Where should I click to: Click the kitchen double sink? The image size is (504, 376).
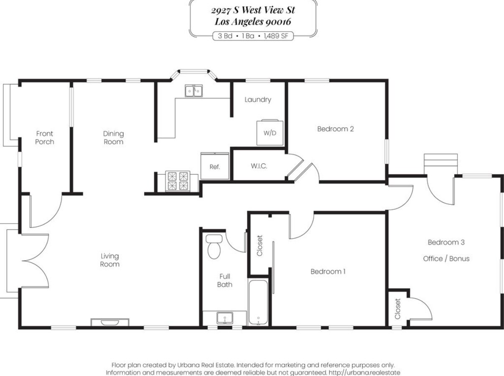click(x=194, y=91)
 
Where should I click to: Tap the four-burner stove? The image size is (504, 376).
click(x=178, y=181)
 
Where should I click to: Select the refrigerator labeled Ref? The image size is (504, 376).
click(x=215, y=166)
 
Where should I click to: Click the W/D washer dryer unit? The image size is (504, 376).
click(x=270, y=132)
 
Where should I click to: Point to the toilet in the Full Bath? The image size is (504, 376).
click(x=214, y=246)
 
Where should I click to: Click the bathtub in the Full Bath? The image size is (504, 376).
click(x=258, y=302)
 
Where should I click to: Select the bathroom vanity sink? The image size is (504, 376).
click(x=225, y=318)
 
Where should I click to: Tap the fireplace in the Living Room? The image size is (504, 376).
click(x=110, y=322)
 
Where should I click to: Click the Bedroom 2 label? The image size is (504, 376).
click(x=336, y=129)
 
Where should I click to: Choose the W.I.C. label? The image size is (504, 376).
click(x=259, y=166)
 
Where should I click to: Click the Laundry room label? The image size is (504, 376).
click(x=258, y=99)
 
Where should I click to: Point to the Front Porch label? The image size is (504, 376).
click(x=45, y=137)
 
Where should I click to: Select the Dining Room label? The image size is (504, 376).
click(x=113, y=137)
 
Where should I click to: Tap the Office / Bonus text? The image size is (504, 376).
click(x=446, y=259)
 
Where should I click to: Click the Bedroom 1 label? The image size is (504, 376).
click(x=328, y=272)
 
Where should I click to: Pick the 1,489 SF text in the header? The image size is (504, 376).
click(x=276, y=36)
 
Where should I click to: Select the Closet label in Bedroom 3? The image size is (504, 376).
click(x=398, y=309)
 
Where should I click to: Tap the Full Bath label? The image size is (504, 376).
click(x=224, y=280)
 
